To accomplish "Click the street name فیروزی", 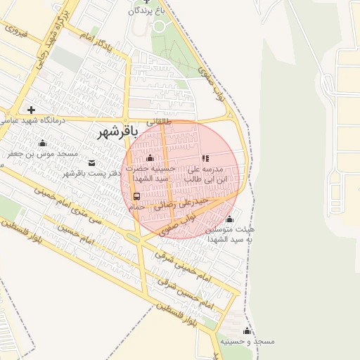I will click(16, 32).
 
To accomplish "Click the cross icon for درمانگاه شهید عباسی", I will click(30, 110).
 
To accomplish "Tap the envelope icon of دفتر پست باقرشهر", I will click(91, 162).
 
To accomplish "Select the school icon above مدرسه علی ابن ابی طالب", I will click(205, 159).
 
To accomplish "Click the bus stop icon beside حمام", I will click(136, 196).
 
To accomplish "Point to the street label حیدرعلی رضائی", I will click(185, 202).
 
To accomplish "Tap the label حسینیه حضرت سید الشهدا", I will click(150, 173).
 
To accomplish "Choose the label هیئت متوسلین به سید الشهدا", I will click(230, 234).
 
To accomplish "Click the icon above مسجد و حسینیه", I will click(247, 330).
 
